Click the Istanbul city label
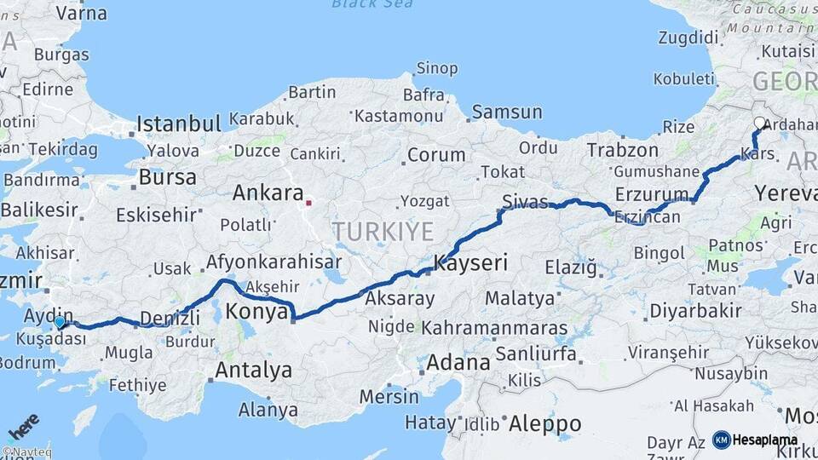(x=179, y=124)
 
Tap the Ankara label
(x=268, y=193)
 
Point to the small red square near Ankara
(x=309, y=203)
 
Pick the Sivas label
(x=525, y=202)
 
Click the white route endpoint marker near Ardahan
(x=759, y=123)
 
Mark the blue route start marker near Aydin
(x=59, y=322)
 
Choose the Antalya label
(x=253, y=371)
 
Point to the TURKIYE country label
(x=383, y=231)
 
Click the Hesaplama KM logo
(x=755, y=440)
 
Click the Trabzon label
(x=622, y=150)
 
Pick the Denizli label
(x=169, y=318)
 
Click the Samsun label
(x=507, y=112)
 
